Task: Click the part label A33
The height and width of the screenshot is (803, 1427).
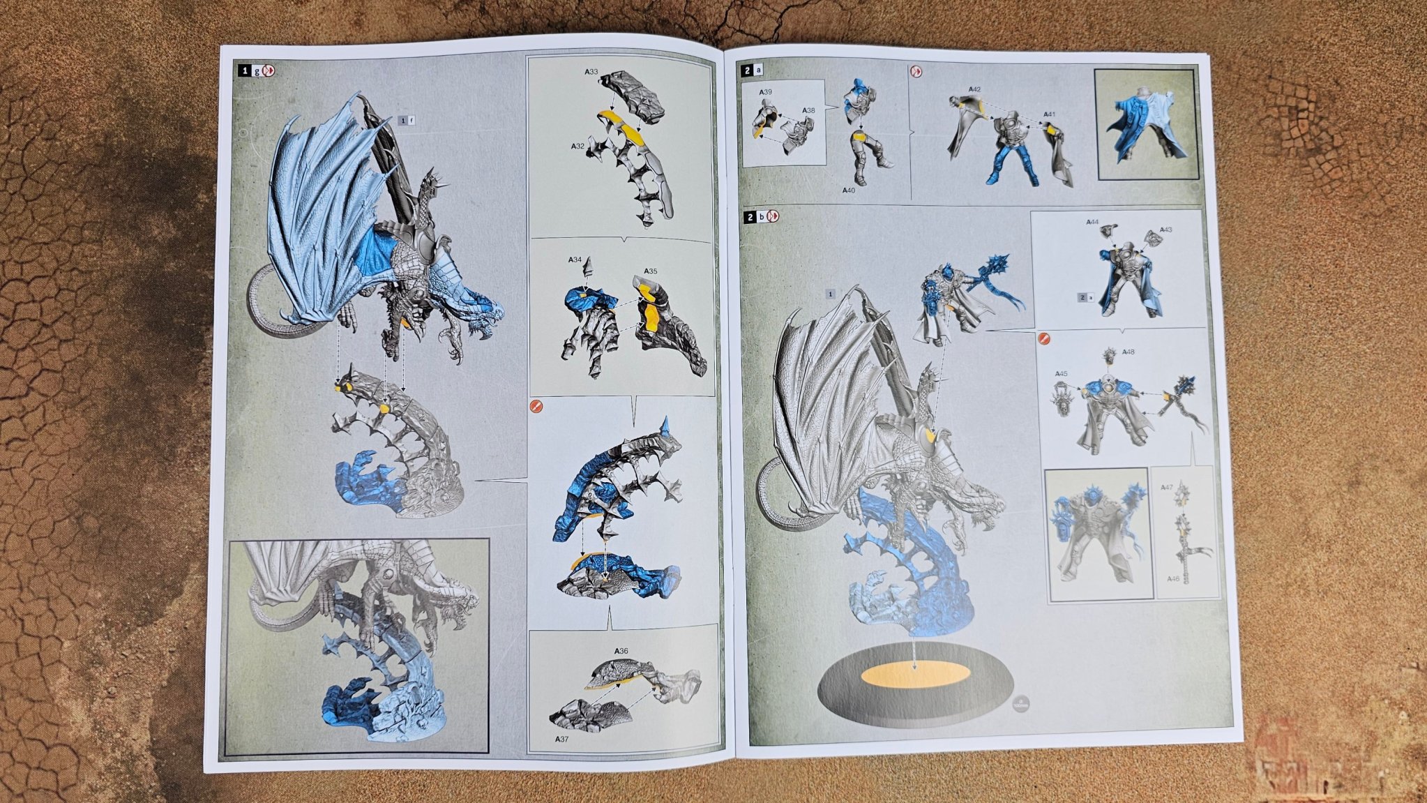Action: point(591,72)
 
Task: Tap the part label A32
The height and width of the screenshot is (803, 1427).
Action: point(577,147)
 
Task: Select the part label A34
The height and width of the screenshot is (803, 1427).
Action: point(575,260)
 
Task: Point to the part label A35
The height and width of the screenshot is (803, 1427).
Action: point(650,271)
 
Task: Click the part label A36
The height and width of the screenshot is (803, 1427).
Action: point(621,651)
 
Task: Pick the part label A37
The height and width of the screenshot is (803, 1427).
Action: point(562,739)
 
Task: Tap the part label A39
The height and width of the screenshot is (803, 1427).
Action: point(766,92)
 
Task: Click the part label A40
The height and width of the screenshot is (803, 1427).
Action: point(848,190)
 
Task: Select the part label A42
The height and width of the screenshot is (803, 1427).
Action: point(974,90)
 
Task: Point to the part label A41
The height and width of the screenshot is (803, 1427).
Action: point(1050,114)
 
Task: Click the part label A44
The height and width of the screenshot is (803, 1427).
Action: point(1092,223)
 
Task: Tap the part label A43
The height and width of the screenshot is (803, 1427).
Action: point(1166,230)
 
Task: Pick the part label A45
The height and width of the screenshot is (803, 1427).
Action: point(1061,374)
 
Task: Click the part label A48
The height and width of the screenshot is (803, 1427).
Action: point(1128,352)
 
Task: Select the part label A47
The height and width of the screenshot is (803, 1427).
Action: point(1167,488)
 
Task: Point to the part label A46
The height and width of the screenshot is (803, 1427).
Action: point(1173,578)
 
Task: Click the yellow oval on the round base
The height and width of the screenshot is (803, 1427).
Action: point(915,675)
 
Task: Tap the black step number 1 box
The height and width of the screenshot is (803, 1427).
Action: point(244,70)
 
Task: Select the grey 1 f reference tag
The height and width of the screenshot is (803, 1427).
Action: point(407,121)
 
